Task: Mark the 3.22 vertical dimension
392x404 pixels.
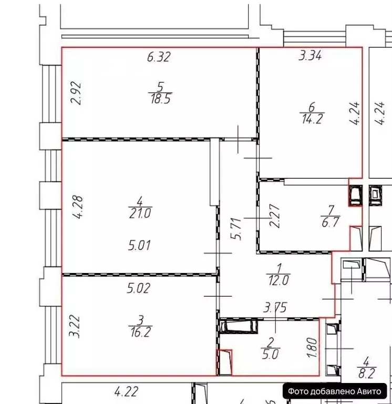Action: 75,326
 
